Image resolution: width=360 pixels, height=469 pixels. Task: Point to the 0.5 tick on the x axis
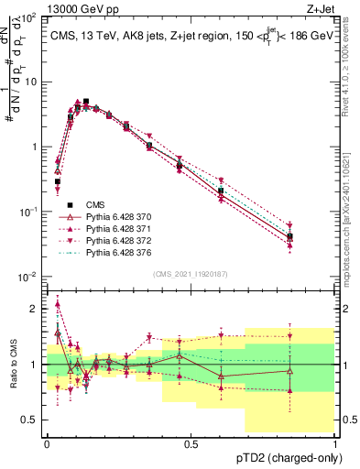(191, 443)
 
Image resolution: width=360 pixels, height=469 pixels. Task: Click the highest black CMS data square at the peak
(86, 102)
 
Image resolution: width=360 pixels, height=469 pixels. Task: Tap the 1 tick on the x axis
(335, 443)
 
